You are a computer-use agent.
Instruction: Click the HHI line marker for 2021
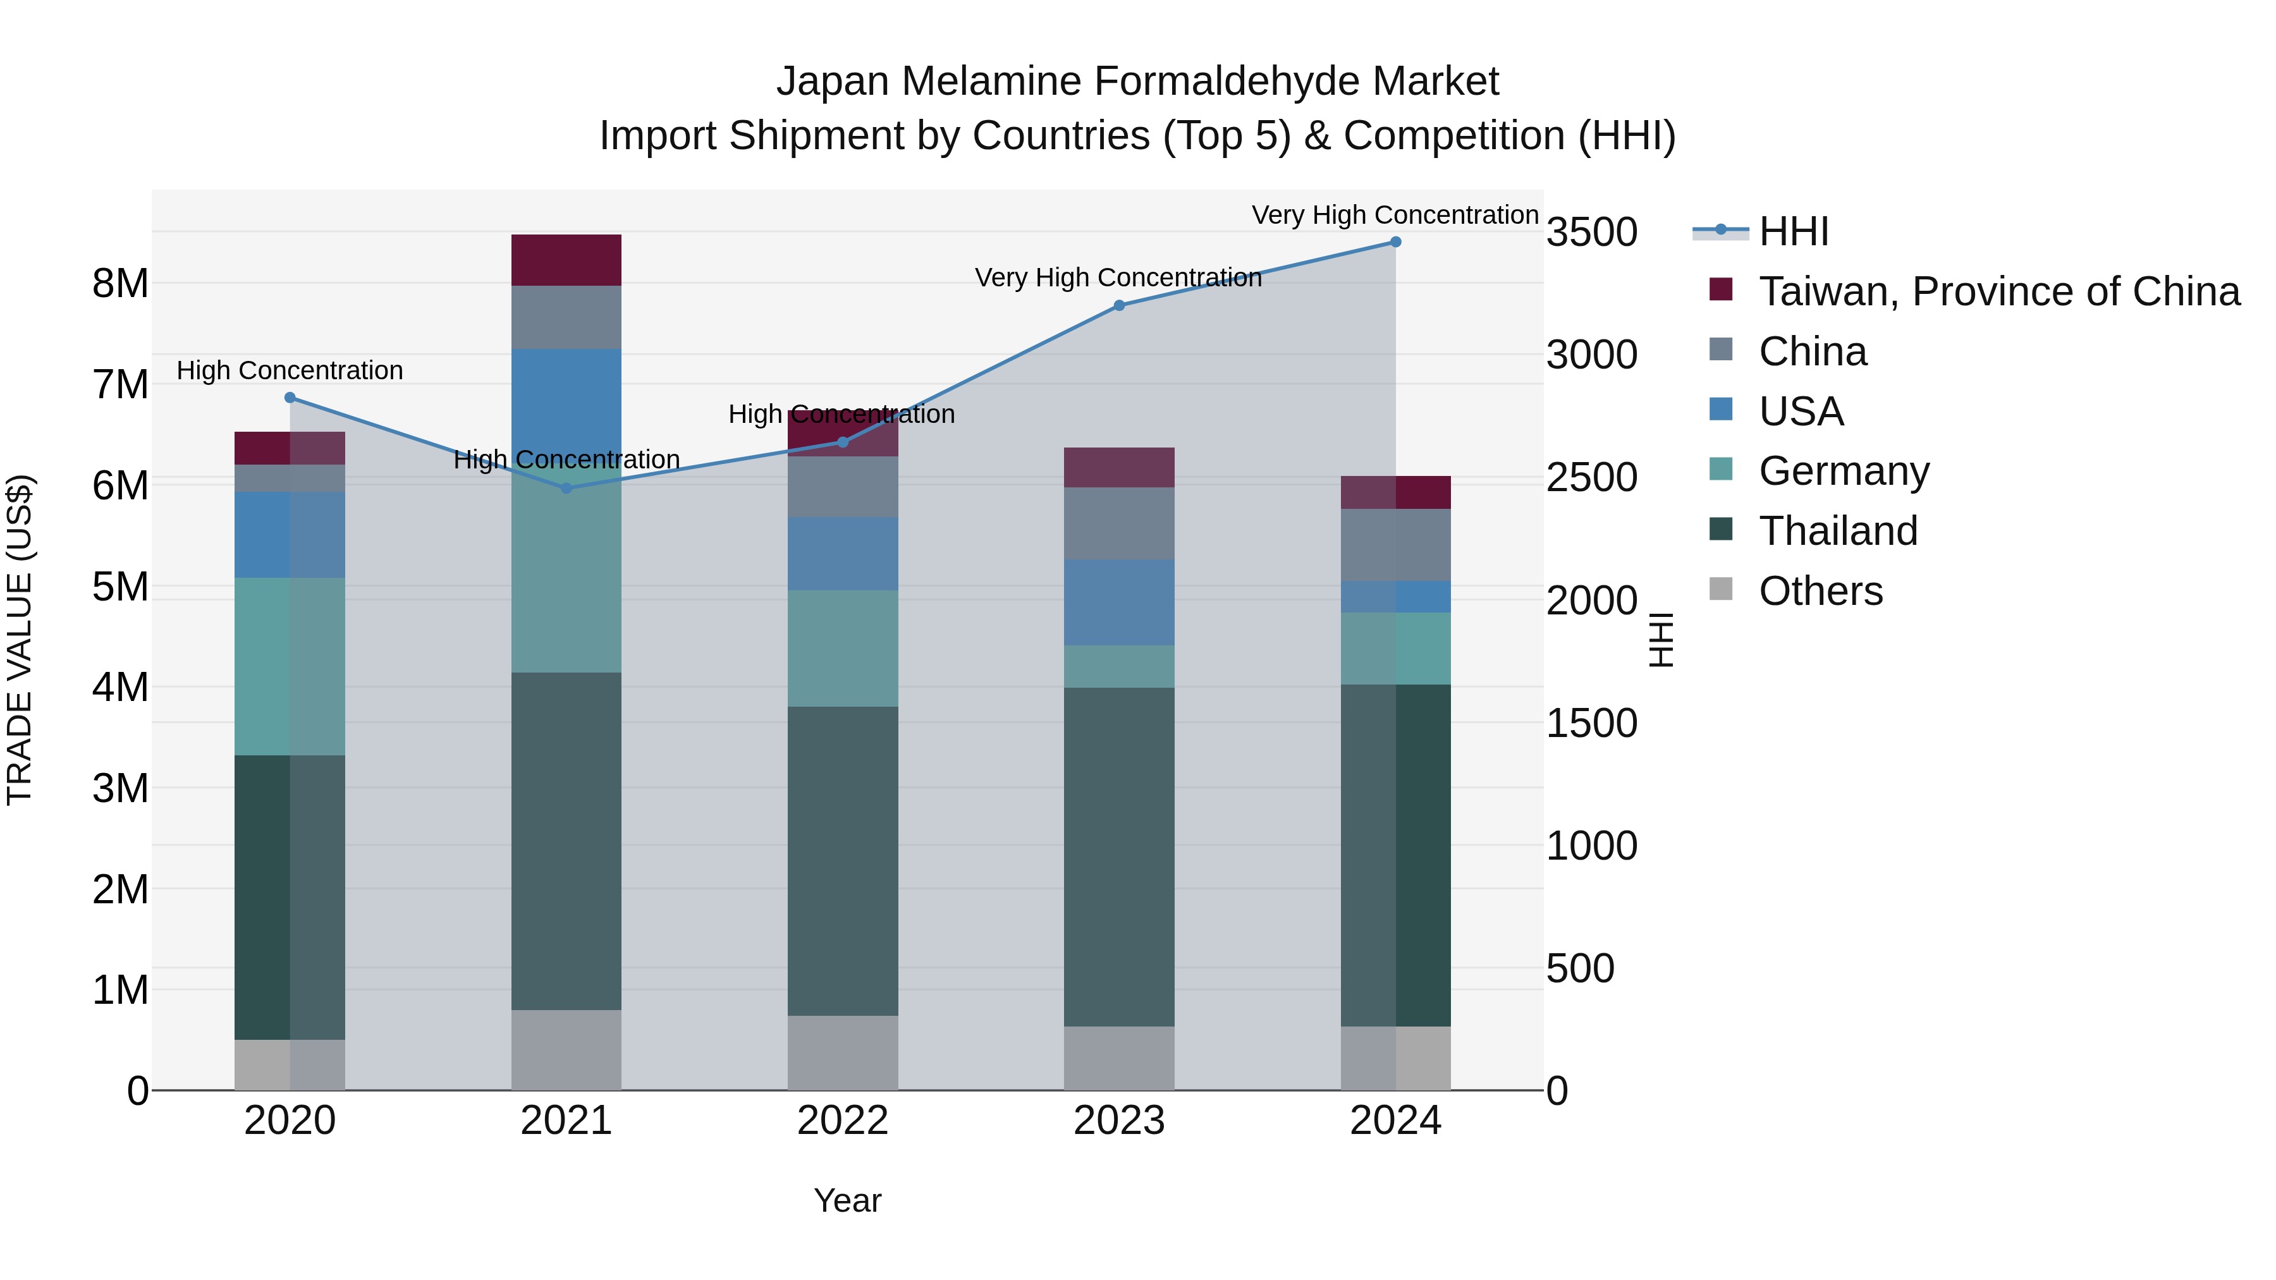click(x=566, y=487)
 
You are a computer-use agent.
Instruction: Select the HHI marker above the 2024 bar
click(x=1395, y=242)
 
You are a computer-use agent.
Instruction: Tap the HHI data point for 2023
click(x=1118, y=306)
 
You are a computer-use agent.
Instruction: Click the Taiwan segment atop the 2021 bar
click(x=566, y=260)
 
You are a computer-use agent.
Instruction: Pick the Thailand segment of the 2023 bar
click(x=1118, y=857)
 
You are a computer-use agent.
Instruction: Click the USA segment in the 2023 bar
click(x=1118, y=602)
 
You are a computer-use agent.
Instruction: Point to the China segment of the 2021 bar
click(x=566, y=317)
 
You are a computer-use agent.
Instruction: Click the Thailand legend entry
click(x=1838, y=531)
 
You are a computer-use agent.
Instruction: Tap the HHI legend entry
click(x=1793, y=231)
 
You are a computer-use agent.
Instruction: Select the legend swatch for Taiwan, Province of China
click(x=1721, y=289)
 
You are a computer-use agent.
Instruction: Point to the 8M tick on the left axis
click(x=120, y=284)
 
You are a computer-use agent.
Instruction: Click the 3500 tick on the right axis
click(x=1591, y=233)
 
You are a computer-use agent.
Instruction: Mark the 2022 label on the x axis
click(x=842, y=1121)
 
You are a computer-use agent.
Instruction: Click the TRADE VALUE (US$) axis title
click(x=20, y=640)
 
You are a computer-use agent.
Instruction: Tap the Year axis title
click(x=847, y=1200)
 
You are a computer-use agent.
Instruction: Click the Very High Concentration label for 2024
click(x=1395, y=215)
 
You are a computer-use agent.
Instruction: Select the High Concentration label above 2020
click(x=290, y=370)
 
